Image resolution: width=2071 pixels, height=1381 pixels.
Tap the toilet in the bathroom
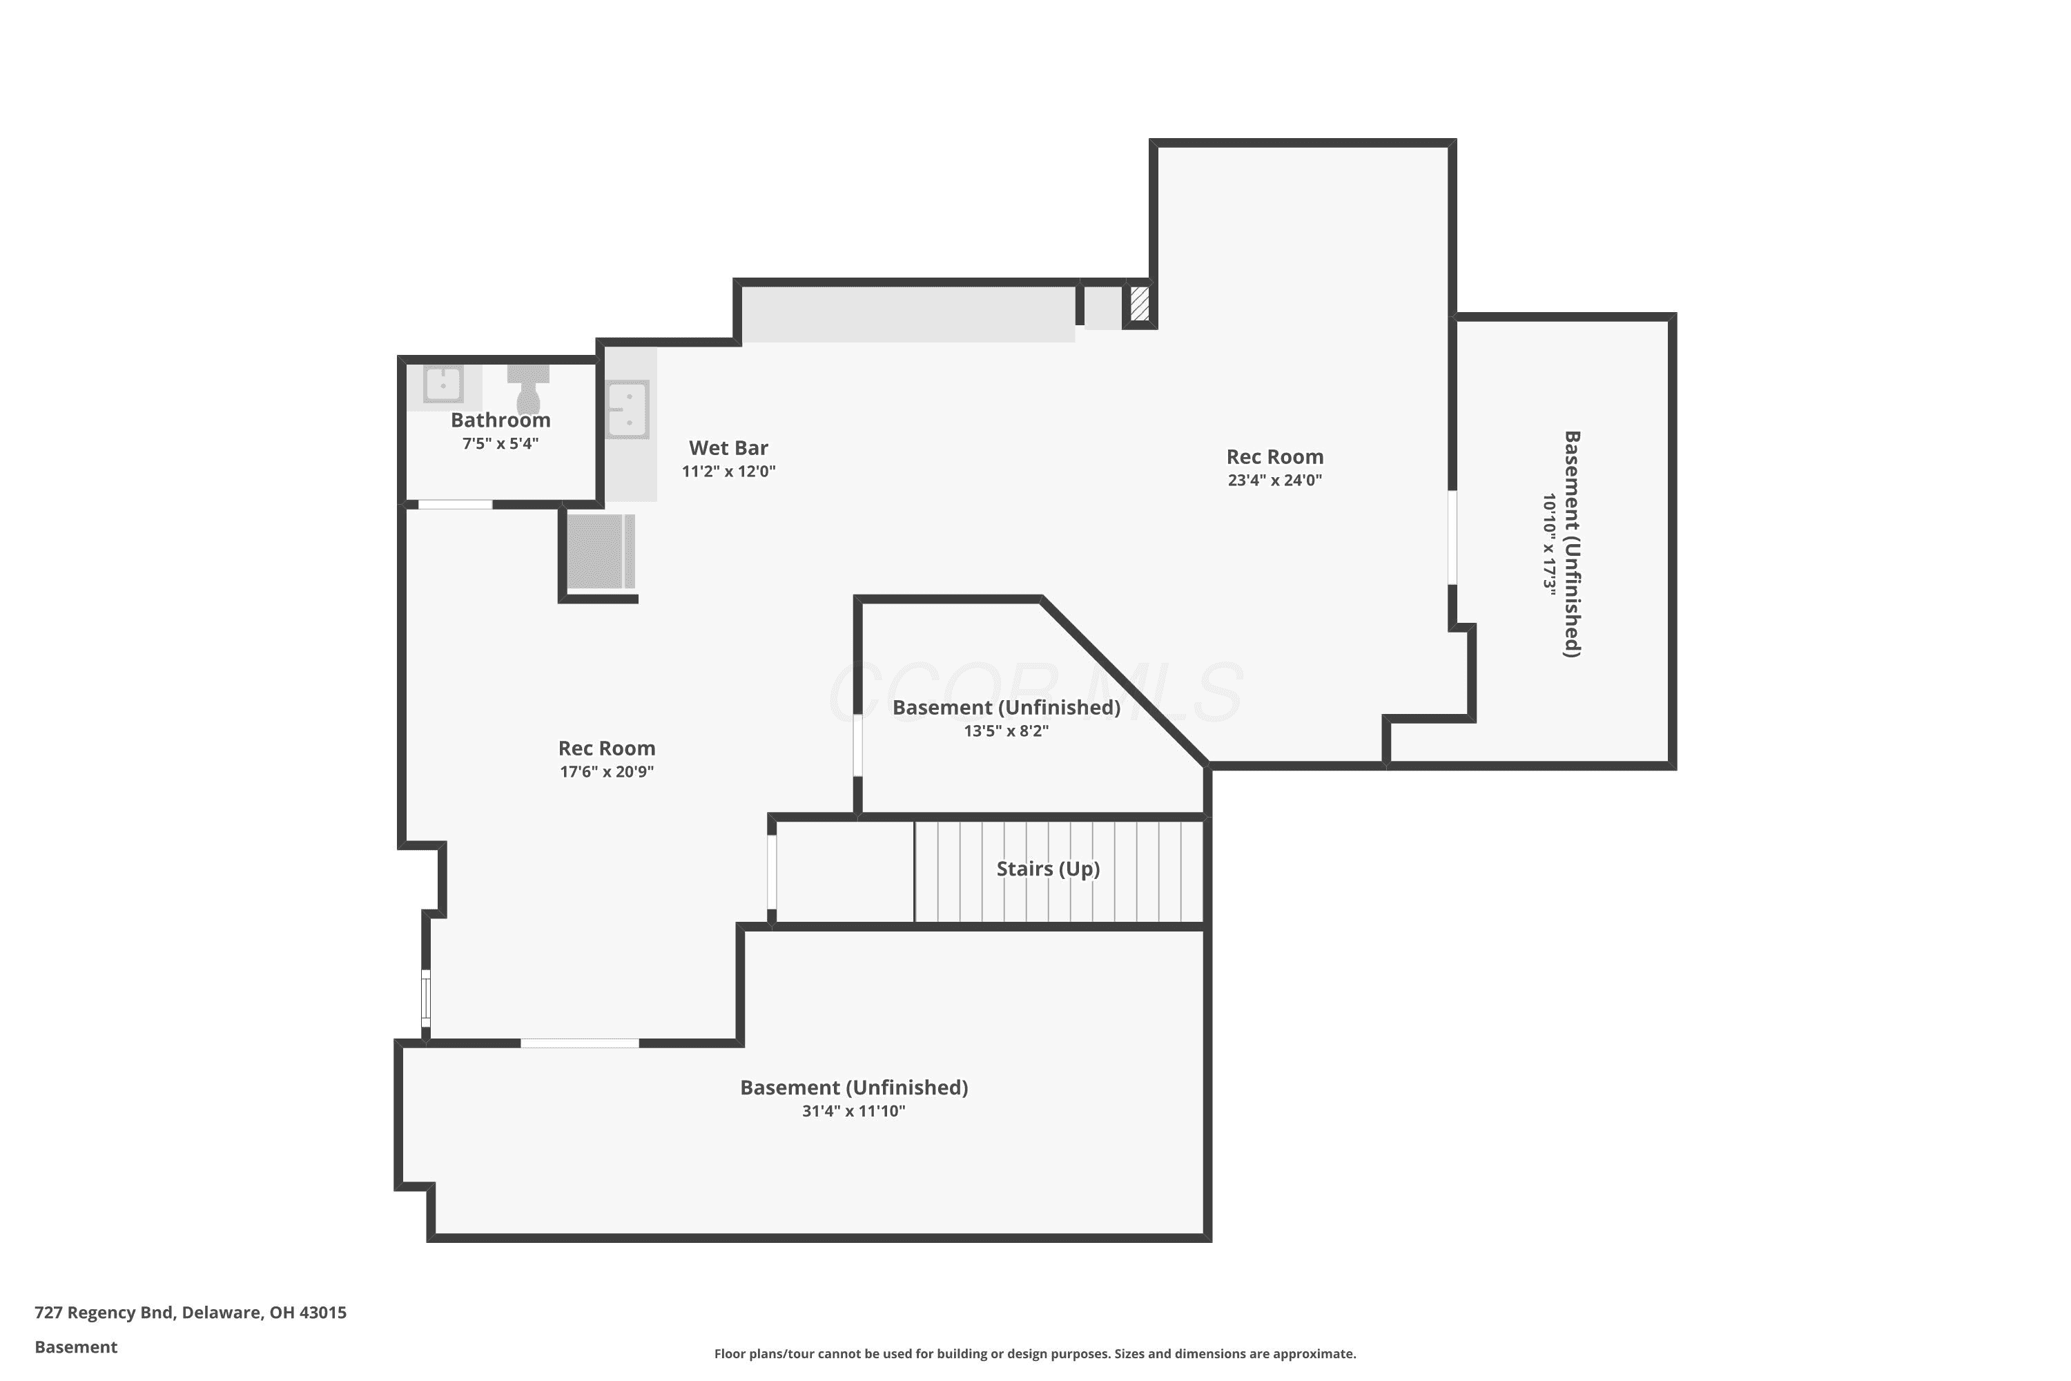pos(528,388)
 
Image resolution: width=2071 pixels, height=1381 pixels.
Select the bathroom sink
pos(443,385)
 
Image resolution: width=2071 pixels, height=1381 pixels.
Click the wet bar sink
pos(628,409)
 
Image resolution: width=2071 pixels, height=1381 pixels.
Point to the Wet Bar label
pos(728,448)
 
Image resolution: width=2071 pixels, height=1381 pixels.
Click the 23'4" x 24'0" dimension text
pos(1275,480)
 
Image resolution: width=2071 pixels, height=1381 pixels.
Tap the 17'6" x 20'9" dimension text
pos(607,771)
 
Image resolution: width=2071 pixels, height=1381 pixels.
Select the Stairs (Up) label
pos(1048,869)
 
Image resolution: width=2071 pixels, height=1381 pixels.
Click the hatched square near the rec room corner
pos(1140,303)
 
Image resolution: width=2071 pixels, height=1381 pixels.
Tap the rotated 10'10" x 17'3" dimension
pos(1550,543)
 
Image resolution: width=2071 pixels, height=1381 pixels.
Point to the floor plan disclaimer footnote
pos(1035,1353)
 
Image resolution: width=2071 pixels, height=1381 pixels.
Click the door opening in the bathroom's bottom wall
pos(455,505)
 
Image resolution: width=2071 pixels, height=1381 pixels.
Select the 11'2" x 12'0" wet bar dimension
pos(728,471)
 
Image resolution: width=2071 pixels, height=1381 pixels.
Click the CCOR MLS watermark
pos(1036,693)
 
